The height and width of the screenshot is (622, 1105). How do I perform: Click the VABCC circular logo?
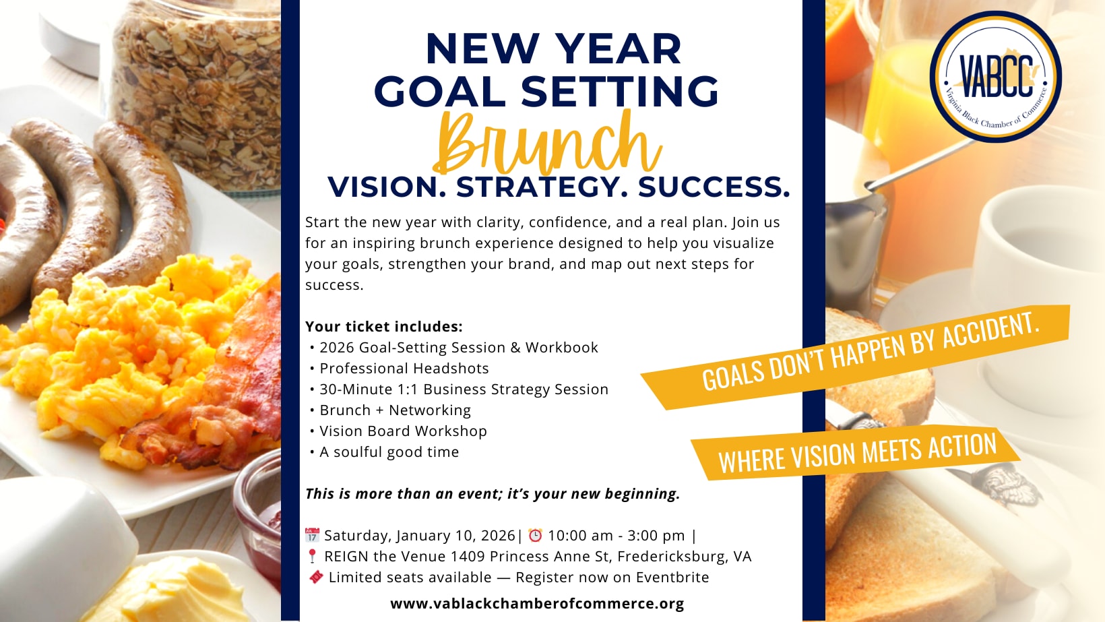pyautogui.click(x=995, y=76)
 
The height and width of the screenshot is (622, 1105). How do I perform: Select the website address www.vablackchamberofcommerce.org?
pyautogui.click(x=537, y=603)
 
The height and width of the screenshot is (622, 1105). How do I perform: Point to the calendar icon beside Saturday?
pyautogui.click(x=312, y=535)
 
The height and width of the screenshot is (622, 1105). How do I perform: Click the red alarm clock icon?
pyautogui.click(x=535, y=535)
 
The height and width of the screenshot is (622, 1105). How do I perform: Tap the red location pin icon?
pyautogui.click(x=312, y=557)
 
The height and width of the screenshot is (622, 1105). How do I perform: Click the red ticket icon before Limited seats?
pyautogui.click(x=316, y=577)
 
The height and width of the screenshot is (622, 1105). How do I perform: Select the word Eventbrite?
pyautogui.click(x=672, y=577)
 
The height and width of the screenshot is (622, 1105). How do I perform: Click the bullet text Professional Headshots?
pyautogui.click(x=404, y=369)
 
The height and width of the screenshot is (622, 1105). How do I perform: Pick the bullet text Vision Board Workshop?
pyautogui.click(x=403, y=431)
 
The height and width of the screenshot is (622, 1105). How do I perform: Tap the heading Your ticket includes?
pyautogui.click(x=384, y=327)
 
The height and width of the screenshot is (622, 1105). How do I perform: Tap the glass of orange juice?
pyautogui.click(x=912, y=163)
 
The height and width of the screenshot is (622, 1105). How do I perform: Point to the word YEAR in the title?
pyautogui.click(x=620, y=49)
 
